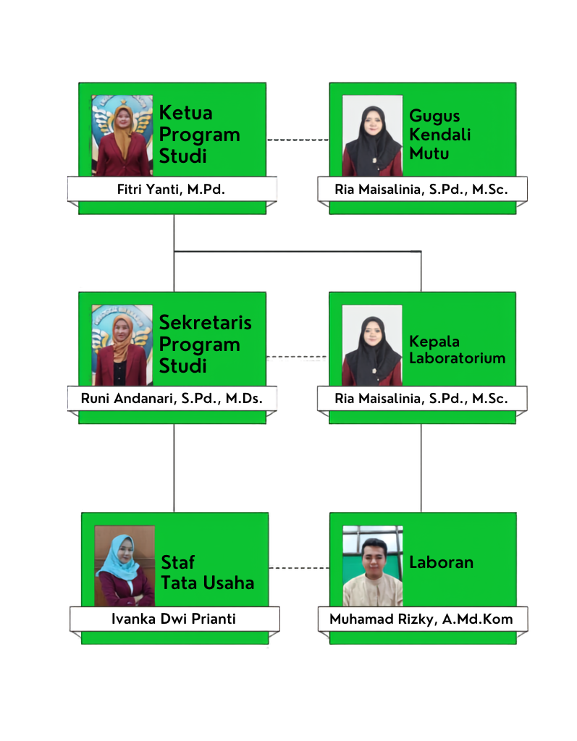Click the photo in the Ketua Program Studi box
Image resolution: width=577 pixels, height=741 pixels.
click(x=122, y=135)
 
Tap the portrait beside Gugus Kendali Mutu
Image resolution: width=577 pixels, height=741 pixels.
click(x=372, y=135)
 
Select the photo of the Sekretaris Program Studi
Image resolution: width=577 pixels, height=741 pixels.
click(x=122, y=345)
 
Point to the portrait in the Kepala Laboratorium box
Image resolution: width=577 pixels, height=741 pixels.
click(x=372, y=345)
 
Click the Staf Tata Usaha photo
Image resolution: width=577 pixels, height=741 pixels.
click(x=125, y=566)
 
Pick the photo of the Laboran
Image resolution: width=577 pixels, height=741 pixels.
click(x=373, y=566)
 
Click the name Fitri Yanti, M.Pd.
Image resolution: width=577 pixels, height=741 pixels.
click(x=171, y=190)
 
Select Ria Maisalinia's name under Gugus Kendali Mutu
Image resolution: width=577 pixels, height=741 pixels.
click(x=421, y=190)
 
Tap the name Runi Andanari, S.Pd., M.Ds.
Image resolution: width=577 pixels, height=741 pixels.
click(x=172, y=399)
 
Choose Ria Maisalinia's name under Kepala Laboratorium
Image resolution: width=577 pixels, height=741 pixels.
click(x=421, y=399)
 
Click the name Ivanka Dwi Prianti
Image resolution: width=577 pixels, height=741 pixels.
click(x=174, y=619)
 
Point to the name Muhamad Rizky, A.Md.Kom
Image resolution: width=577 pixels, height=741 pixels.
click(x=421, y=619)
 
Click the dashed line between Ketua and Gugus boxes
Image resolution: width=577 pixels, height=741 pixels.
click(x=298, y=140)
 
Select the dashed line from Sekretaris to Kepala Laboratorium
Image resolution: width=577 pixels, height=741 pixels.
click(x=297, y=357)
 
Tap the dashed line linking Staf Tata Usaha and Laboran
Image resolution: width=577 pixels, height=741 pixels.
click(x=300, y=567)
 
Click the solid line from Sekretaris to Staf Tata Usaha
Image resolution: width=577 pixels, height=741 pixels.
click(x=174, y=468)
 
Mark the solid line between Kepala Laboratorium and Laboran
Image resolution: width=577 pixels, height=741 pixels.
click(x=421, y=468)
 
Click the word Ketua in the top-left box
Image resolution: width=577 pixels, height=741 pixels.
click(x=186, y=113)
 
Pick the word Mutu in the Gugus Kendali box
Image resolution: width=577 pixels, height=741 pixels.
click(x=429, y=153)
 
